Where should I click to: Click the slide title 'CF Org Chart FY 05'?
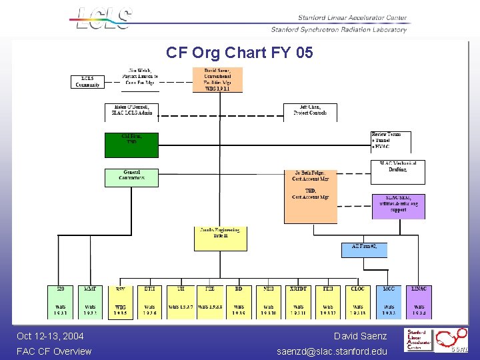pyautogui.click(x=239, y=53)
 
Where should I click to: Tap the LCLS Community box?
pyautogui.click(x=88, y=81)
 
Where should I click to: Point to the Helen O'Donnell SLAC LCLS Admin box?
pyautogui.click(x=132, y=110)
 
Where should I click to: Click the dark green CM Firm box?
pyautogui.click(x=131, y=145)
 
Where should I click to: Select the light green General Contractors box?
pyautogui.click(x=131, y=177)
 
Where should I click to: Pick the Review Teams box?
pyautogui.click(x=391, y=141)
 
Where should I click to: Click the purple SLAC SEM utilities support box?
pyautogui.click(x=398, y=206)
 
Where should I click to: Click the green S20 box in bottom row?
pyautogui.click(x=61, y=301)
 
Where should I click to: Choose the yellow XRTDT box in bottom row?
pyautogui.click(x=298, y=301)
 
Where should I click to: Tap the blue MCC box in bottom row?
pyautogui.click(x=389, y=301)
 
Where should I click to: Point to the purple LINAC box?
pyautogui.click(x=419, y=301)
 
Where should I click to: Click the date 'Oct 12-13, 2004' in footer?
pyautogui.click(x=51, y=336)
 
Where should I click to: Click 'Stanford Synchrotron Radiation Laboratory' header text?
pyautogui.click(x=339, y=29)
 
